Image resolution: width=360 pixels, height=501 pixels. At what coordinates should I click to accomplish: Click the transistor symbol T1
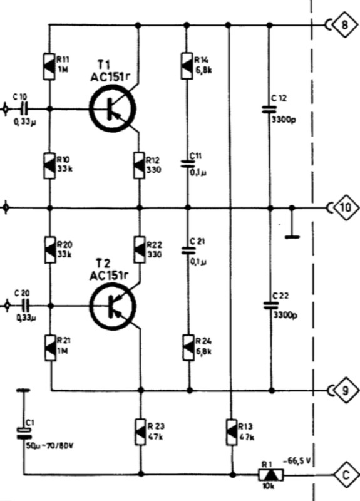[x=112, y=109]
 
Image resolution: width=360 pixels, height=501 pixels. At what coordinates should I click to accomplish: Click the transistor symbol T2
[x=112, y=306]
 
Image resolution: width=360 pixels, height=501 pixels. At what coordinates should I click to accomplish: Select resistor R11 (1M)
[x=49, y=65]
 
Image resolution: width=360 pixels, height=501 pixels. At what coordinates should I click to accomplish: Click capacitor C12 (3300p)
[x=270, y=109]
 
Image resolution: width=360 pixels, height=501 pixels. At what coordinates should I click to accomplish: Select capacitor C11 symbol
[x=187, y=163]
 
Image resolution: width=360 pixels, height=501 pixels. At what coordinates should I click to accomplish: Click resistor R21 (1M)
[x=49, y=346]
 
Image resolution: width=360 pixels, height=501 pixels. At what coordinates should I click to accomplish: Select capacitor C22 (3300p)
[x=270, y=306]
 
